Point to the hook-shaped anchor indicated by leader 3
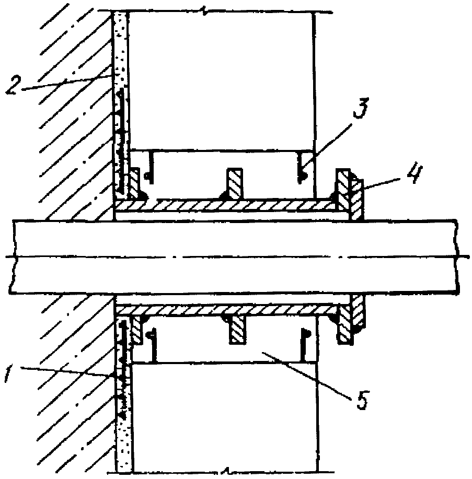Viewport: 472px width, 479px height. (x=301, y=167)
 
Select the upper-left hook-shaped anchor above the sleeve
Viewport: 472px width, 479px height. (x=149, y=167)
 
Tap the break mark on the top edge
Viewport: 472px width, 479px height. (x=205, y=11)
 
